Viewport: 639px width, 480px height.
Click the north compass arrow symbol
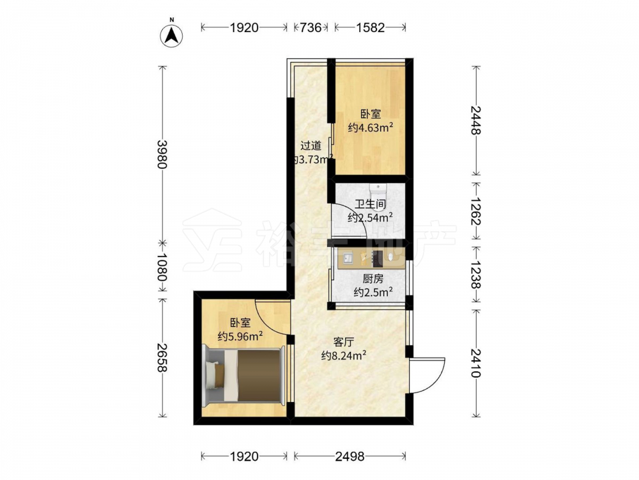coord(171,35)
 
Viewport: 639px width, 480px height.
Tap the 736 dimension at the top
coord(311,28)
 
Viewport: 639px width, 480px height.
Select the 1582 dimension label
coord(370,28)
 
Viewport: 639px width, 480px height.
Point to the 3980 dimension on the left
coord(162,154)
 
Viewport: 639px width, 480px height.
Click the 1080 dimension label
coord(162,268)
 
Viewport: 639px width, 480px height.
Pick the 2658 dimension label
coord(162,358)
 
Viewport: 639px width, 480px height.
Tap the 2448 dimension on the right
coord(475,120)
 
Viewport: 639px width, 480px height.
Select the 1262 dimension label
coord(475,211)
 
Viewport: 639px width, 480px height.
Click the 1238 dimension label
coord(475,275)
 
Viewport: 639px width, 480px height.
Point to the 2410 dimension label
coord(475,363)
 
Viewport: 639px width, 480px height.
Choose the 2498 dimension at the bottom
coord(350,456)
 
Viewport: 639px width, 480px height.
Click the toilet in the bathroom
coord(378,192)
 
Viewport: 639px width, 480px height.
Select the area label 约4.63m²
coord(371,128)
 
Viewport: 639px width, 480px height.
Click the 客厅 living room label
coord(344,342)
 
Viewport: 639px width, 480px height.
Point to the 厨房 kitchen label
coord(373,279)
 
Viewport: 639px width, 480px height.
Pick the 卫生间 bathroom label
coord(370,204)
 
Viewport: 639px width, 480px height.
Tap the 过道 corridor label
coord(311,145)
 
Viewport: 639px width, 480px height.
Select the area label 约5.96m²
coord(240,337)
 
